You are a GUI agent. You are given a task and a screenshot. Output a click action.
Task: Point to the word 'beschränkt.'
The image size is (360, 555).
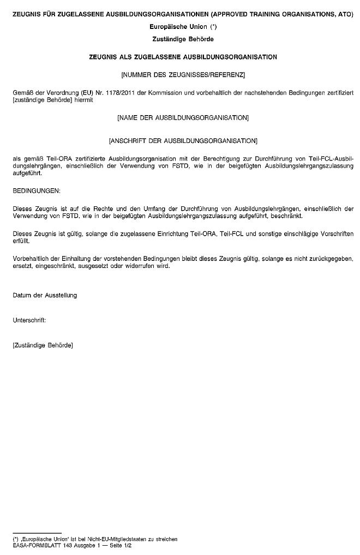click(280, 216)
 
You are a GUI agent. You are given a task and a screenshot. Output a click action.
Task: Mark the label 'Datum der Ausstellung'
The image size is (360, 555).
click(45, 295)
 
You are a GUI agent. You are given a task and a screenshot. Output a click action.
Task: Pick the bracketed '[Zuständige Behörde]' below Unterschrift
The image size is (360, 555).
click(43, 345)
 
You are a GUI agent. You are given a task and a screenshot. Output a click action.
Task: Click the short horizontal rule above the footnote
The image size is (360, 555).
click(37, 533)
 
